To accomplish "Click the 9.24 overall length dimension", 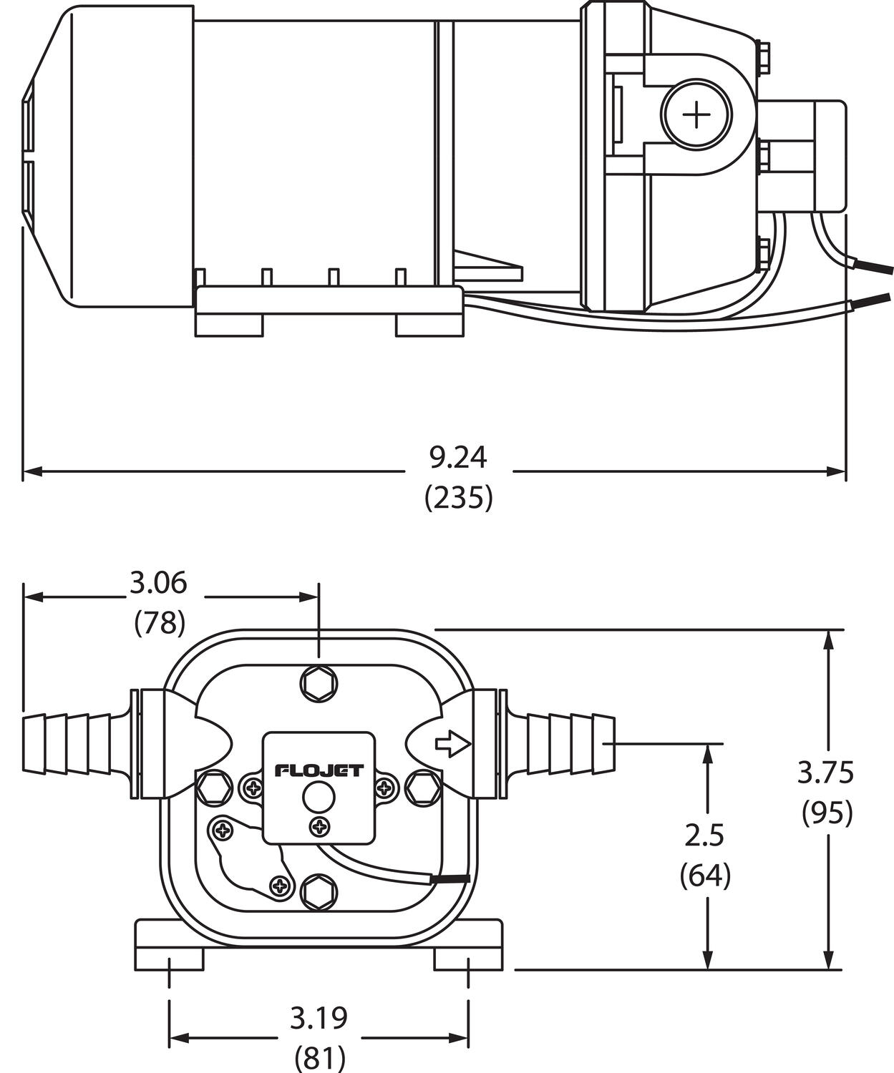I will click(458, 458).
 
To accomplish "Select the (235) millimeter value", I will click(458, 498).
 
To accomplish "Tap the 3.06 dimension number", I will click(158, 583).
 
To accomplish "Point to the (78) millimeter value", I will click(160, 623).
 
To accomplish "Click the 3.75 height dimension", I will click(826, 773).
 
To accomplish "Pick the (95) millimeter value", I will click(827, 813).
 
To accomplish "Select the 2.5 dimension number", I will click(705, 835).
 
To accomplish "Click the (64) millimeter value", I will click(705, 875).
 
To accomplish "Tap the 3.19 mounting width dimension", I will click(319, 1017).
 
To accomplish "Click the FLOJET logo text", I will click(319, 770).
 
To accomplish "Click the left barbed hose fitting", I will click(72, 743).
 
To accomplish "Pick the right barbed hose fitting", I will click(565, 744).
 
